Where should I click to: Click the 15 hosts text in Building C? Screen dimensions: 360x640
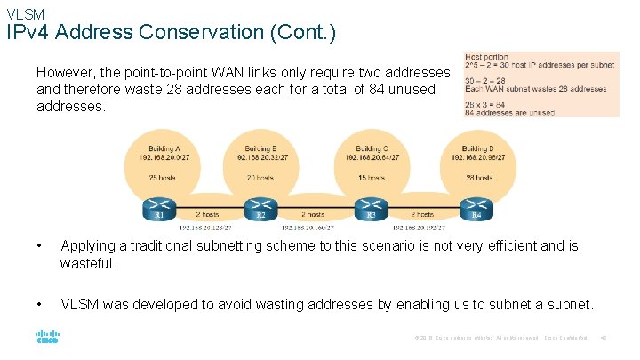point(371,178)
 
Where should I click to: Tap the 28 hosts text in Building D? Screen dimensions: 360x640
point(476,178)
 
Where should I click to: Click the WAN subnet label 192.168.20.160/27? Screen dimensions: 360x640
point(316,228)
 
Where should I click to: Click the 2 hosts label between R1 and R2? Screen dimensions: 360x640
point(207,214)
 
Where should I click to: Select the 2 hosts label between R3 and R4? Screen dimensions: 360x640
point(422,214)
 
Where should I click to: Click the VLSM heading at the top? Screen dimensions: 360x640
point(25,13)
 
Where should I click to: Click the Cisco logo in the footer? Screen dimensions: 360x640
point(46,338)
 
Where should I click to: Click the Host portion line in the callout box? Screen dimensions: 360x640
point(487,57)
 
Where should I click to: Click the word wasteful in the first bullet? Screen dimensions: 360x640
point(88,264)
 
